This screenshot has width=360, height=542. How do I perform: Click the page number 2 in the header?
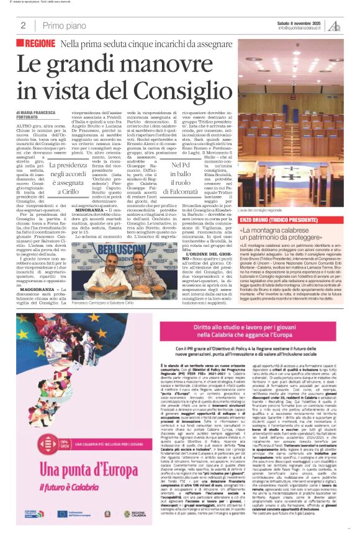tap(23, 25)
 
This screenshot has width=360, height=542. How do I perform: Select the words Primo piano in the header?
tap(66, 25)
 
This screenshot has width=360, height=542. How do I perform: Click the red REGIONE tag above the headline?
tap(40, 44)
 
